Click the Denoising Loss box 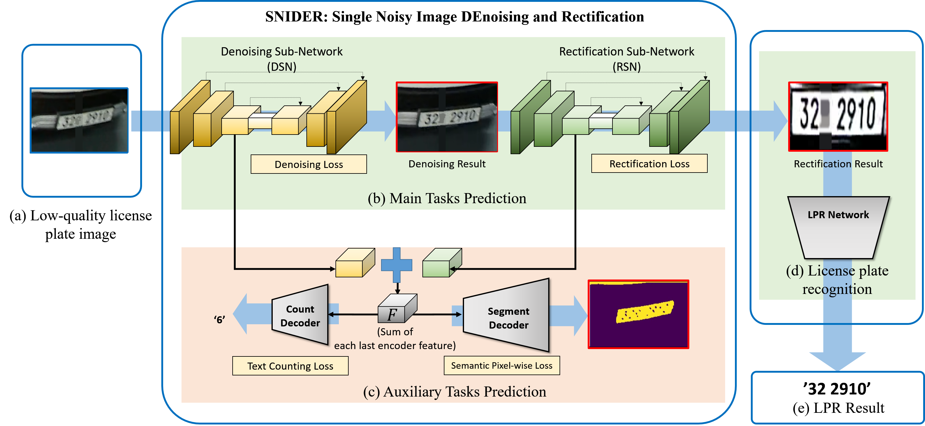(x=309, y=164)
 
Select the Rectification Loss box (x=649, y=164)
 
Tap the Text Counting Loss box (x=290, y=366)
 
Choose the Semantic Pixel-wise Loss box (x=502, y=366)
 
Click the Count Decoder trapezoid (x=300, y=315)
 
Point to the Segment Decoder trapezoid (x=506, y=315)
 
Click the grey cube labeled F (x=397, y=308)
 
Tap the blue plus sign (x=396, y=265)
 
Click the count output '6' (x=219, y=320)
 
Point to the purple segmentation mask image (x=638, y=314)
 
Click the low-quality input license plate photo (x=79, y=120)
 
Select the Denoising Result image (x=447, y=117)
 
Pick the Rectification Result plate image (x=838, y=116)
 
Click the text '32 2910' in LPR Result (x=837, y=389)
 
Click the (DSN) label (x=282, y=67)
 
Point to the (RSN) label (x=627, y=67)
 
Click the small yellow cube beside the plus (x=355, y=262)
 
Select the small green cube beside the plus (x=442, y=262)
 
